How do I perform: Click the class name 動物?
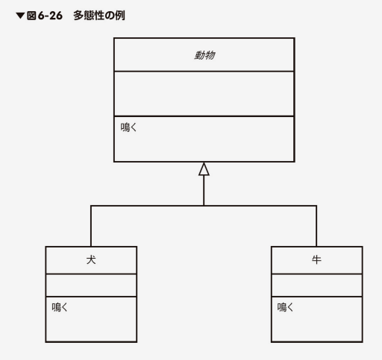[x=204, y=55]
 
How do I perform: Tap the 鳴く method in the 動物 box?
[x=128, y=127]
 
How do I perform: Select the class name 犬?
[x=91, y=260]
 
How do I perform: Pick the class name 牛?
[x=316, y=260]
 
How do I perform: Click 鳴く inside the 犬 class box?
[x=60, y=307]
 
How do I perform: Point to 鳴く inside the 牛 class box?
[x=285, y=307]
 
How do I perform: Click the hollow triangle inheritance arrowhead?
[x=204, y=169]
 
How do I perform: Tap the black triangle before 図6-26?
[x=20, y=16]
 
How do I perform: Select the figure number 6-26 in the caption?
[x=50, y=16]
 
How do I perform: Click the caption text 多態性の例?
[x=99, y=16]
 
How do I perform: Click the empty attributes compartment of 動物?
[x=204, y=94]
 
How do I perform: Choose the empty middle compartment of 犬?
[x=91, y=285]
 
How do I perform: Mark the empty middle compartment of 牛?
[x=317, y=285]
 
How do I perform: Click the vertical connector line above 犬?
[x=91, y=226]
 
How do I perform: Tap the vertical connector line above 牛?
[x=316, y=226]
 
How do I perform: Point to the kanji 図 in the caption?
[x=31, y=16]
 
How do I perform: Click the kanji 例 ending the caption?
[x=120, y=16]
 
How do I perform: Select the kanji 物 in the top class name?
[x=210, y=55]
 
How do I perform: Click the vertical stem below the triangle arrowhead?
[x=204, y=190]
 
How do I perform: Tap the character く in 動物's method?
[x=134, y=127]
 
